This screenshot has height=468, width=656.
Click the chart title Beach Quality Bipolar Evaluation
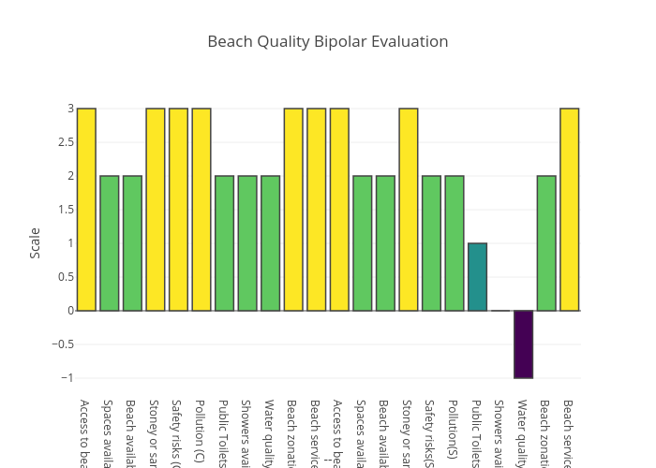(x=328, y=41)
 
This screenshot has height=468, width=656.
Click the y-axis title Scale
(x=35, y=242)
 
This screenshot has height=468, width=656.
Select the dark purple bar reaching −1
(x=523, y=344)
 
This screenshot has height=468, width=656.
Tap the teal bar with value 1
(x=477, y=277)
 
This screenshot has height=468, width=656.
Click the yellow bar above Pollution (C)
(x=201, y=210)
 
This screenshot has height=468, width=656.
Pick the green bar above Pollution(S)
(x=455, y=243)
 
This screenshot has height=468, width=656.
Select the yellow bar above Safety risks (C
(x=178, y=210)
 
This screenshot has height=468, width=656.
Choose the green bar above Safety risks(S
(x=431, y=243)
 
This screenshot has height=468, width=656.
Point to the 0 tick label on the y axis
(x=70, y=311)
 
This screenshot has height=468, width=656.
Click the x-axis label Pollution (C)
(x=201, y=431)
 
